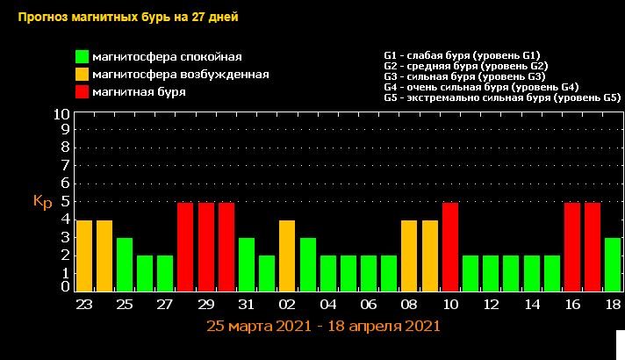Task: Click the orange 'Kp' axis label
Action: coord(43,202)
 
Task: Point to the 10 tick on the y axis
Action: coord(61,114)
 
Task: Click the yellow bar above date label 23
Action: coord(84,256)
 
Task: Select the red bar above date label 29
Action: coord(206,247)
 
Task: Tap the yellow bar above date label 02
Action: coord(287,256)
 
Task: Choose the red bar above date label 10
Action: coord(450,247)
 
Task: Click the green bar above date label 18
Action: coord(613,264)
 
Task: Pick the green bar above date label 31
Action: coord(247,264)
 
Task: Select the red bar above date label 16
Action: coord(572,247)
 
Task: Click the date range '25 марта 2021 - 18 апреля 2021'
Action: coord(323,326)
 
